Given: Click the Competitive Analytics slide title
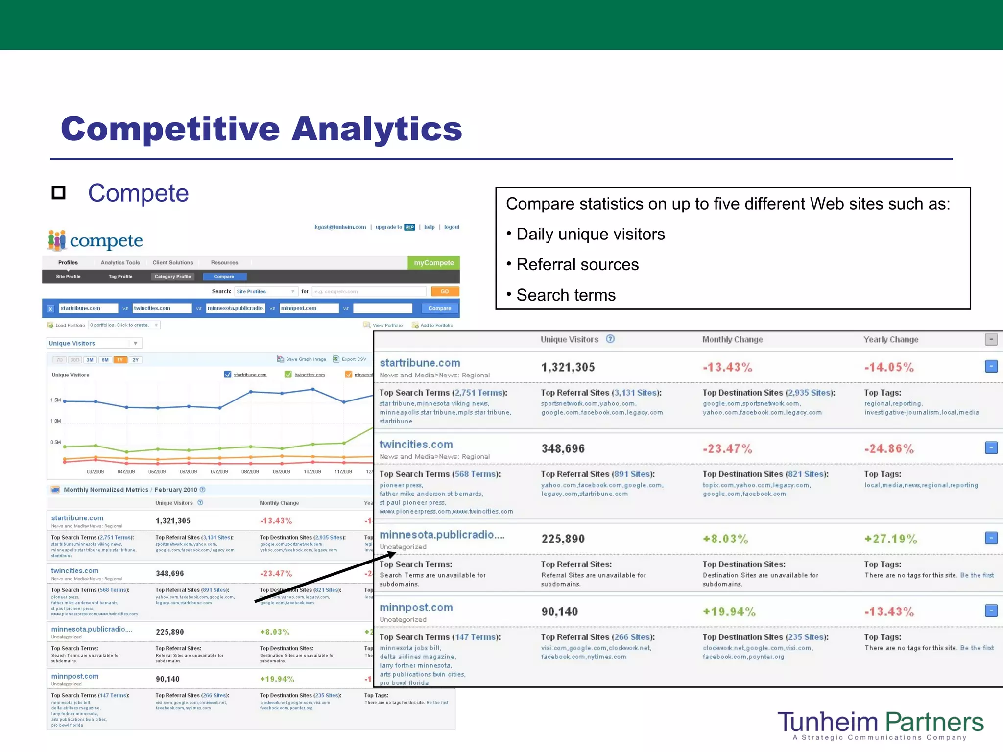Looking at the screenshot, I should click(261, 128).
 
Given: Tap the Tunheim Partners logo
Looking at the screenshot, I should click(880, 725).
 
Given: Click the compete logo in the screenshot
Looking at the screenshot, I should click(95, 240).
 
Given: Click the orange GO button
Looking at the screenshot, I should click(445, 291).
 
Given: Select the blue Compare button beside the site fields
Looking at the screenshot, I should click(439, 308).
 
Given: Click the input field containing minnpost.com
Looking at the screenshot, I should click(309, 308).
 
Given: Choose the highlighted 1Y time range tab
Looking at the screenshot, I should click(120, 360).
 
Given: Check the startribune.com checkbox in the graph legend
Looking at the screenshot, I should click(227, 375).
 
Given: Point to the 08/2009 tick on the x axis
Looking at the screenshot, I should click(250, 472).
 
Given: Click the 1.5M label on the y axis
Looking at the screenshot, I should click(55, 400).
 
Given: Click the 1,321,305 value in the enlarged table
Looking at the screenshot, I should click(568, 367).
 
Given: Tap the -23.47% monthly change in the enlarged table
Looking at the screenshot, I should click(727, 449).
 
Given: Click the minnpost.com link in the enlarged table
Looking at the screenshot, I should click(416, 608).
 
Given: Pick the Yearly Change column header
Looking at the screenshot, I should click(890, 340).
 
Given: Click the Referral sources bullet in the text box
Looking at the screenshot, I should click(577, 265).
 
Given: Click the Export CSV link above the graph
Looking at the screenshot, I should click(353, 359).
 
